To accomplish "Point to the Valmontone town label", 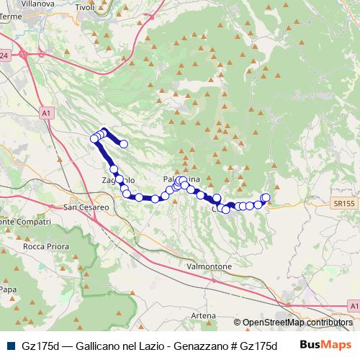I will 209,266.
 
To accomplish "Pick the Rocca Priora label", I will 44,246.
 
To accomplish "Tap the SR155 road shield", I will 345,204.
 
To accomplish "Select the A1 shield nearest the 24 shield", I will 45,113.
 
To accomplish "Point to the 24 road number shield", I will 4,55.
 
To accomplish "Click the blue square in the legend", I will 8,345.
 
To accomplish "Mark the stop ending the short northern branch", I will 123,144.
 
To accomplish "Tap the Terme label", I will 11,16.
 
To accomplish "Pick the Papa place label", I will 8,289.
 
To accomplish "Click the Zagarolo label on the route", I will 117,179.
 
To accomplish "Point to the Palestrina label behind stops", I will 182,179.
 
